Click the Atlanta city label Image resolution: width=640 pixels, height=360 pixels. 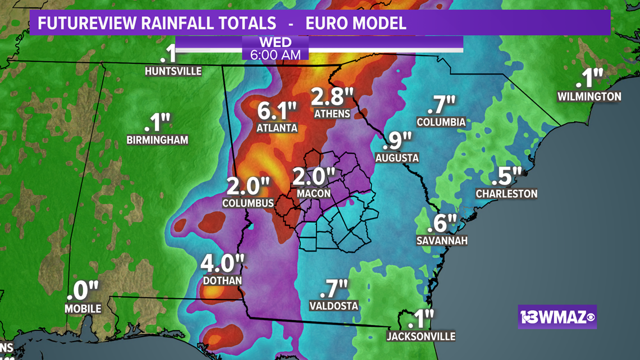tap(277, 128)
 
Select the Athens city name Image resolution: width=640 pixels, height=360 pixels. tap(332, 114)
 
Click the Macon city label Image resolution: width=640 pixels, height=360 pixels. tap(314, 193)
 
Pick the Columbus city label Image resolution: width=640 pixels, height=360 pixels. tap(248, 203)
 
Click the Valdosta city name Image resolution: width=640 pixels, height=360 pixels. tap(333, 306)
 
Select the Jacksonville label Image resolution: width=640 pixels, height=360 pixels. tap(420, 336)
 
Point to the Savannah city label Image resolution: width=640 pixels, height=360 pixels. tap(442, 240)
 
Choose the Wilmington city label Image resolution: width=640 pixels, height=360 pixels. tap(589, 97)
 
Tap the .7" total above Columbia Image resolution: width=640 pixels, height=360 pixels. tap(441, 104)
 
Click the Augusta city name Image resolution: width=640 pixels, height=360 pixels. tap(397, 158)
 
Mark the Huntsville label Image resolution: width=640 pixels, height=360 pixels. tap(173, 71)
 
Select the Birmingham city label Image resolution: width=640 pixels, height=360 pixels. tap(157, 140)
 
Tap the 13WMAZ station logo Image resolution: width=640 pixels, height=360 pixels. tap(557, 317)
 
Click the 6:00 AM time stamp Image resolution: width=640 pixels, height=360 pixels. tap(275, 54)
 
